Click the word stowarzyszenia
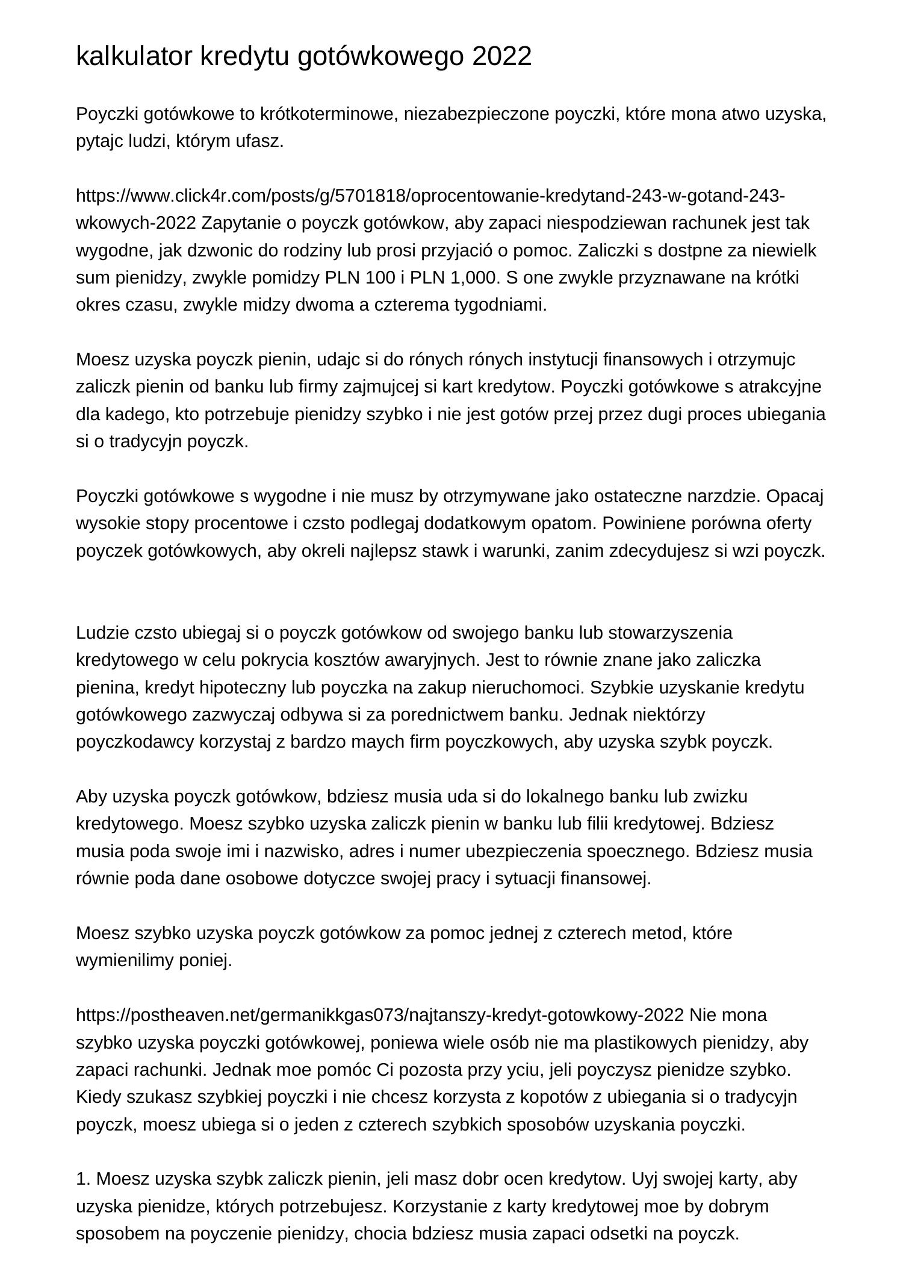671,633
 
